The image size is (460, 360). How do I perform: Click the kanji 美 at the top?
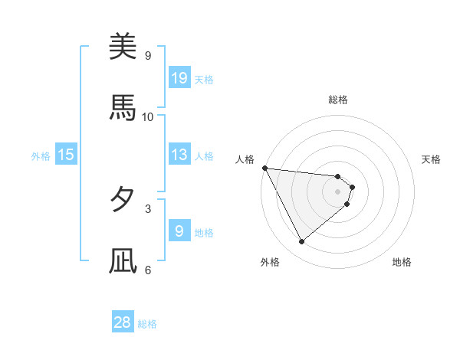click(x=123, y=47)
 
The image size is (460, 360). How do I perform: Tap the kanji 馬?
click(x=123, y=108)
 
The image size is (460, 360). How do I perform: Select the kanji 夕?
click(x=123, y=200)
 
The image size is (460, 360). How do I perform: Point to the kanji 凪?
click(x=123, y=261)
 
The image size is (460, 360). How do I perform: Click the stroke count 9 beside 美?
click(x=147, y=55)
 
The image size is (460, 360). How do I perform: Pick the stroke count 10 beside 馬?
click(x=148, y=116)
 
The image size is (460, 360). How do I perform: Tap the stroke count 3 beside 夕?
click(x=147, y=208)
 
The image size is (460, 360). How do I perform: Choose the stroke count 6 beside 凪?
click(x=147, y=270)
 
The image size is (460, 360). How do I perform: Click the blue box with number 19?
click(x=179, y=78)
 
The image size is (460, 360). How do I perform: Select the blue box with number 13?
click(x=179, y=155)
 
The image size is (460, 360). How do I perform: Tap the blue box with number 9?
click(x=179, y=231)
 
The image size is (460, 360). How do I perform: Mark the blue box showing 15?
click(x=66, y=155)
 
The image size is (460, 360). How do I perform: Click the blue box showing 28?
click(x=123, y=322)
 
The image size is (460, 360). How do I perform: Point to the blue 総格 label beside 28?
click(x=148, y=324)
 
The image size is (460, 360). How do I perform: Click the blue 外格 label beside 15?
click(x=41, y=156)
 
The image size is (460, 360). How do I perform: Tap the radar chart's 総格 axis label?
click(x=338, y=100)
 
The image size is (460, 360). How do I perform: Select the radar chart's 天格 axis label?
click(x=432, y=159)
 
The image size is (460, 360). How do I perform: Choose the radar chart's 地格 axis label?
click(x=402, y=262)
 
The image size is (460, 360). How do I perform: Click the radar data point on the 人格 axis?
click(x=264, y=168)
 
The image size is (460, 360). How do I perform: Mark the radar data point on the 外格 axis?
click(x=301, y=242)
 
